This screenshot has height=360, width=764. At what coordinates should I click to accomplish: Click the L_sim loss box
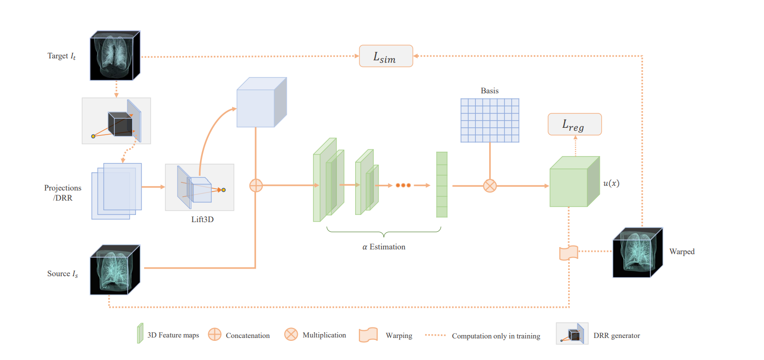coord(386,56)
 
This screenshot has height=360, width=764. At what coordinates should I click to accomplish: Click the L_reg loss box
coord(574,124)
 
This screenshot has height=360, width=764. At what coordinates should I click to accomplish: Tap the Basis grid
coord(490,121)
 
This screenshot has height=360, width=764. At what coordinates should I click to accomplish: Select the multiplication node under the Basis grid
coord(490,186)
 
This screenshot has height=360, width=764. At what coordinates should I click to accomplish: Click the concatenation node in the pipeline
coord(256,185)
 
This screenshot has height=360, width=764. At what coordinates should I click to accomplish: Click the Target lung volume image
coord(115,56)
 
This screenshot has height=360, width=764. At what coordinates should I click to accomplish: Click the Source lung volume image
coord(115,270)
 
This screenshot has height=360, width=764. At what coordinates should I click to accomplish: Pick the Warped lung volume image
coord(638,252)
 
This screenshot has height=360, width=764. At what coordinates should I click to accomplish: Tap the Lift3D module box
coord(200,187)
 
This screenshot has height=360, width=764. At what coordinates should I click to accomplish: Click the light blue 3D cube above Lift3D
coord(261,103)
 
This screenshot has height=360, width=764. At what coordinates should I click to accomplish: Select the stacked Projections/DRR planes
coord(116,191)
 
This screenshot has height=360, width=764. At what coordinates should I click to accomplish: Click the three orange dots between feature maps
coord(403,185)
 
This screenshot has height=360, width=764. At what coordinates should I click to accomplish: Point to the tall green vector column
coord(442,185)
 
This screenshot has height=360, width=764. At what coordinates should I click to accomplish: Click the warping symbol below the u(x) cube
coord(569,253)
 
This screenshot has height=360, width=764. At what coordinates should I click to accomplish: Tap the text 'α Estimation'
coord(384,247)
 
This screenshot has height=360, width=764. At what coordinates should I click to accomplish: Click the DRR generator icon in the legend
coord(572,334)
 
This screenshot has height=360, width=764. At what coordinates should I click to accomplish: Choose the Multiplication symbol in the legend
coord(291,334)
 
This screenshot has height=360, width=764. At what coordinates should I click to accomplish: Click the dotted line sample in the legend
coord(435,335)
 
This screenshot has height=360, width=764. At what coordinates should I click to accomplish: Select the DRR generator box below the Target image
coord(116,121)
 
